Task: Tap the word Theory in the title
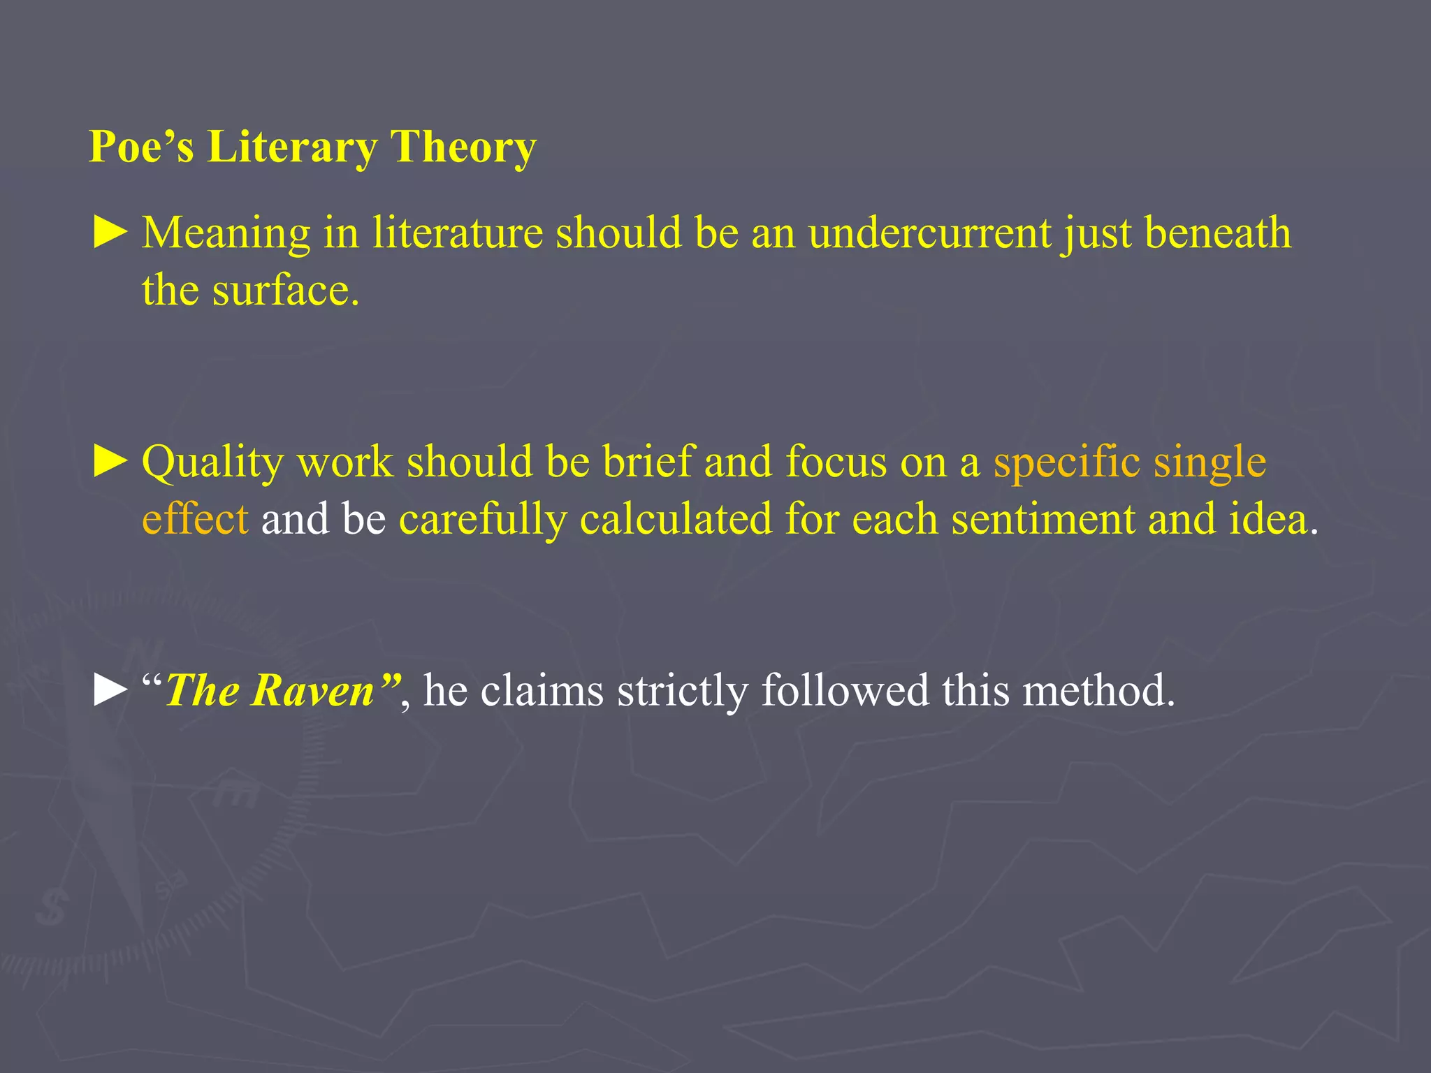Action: pos(463,147)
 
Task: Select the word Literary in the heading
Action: pos(291,147)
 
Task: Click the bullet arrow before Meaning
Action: pos(110,233)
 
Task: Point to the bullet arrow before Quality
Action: pos(110,462)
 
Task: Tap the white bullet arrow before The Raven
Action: pos(110,690)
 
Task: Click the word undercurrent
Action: pos(929,233)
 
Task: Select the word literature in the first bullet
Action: pos(458,233)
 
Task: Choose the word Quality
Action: pos(213,463)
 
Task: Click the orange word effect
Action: pos(195,520)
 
